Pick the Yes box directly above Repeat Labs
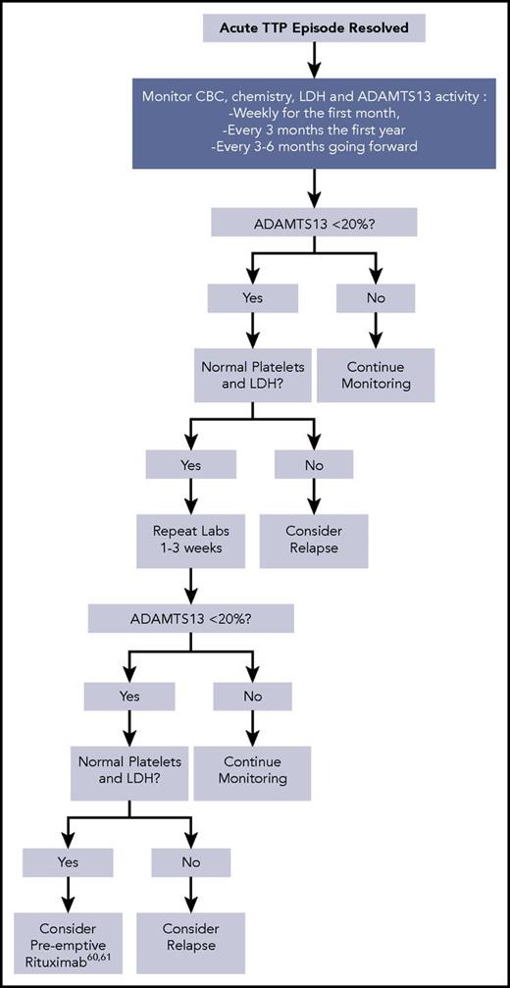point(190,466)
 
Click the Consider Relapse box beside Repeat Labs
point(313,539)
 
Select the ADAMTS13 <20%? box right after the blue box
point(312,222)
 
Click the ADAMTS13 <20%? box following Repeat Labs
point(191,618)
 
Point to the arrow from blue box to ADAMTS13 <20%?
point(312,186)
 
